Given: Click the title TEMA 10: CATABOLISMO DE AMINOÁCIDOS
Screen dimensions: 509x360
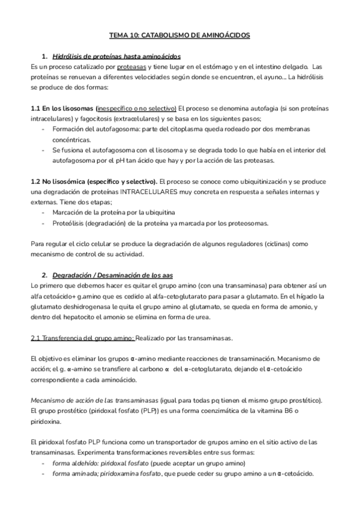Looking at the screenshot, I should tap(180, 36).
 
